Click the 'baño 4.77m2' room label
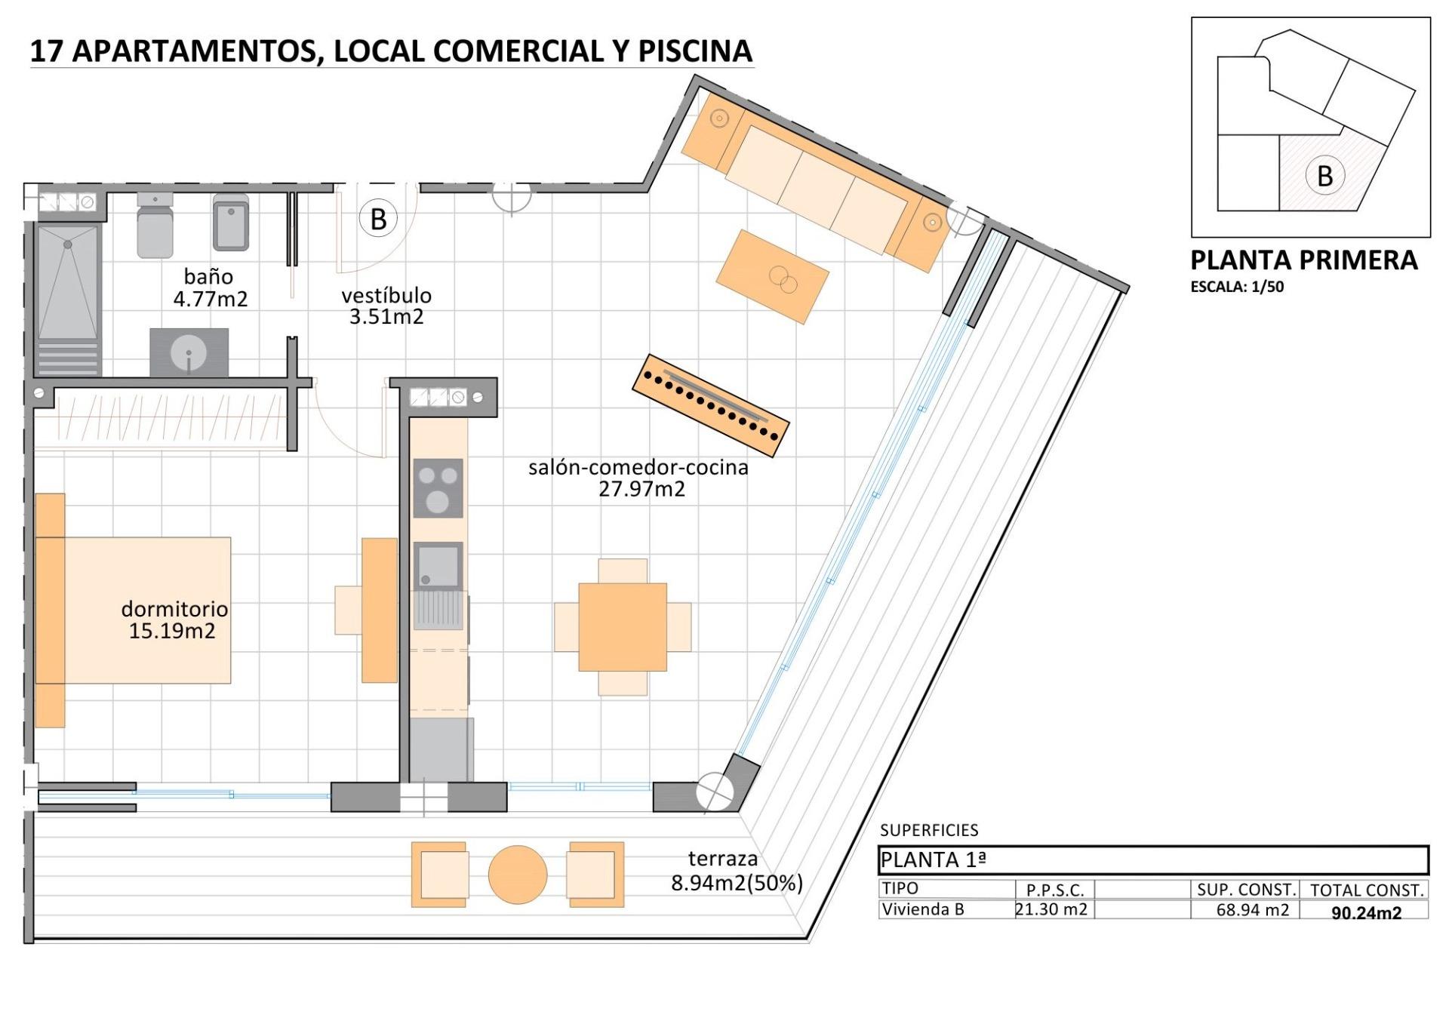pyautogui.click(x=210, y=288)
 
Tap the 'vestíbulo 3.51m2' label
pyautogui.click(x=386, y=306)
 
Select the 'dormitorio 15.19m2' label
pyautogui.click(x=174, y=620)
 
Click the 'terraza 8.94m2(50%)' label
pyautogui.click(x=736, y=870)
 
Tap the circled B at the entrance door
pyautogui.click(x=378, y=219)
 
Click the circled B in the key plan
pyautogui.click(x=1324, y=176)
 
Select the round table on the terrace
pyautogui.click(x=518, y=874)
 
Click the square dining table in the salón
pyautogui.click(x=623, y=626)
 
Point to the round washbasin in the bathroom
pyautogui.click(x=189, y=352)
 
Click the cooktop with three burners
pyautogui.click(x=438, y=488)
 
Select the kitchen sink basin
pyautogui.click(x=438, y=566)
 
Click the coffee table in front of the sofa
pyautogui.click(x=772, y=277)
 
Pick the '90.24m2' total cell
pyautogui.click(x=1366, y=912)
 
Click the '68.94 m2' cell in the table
pyautogui.click(x=1252, y=910)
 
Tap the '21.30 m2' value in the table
pyautogui.click(x=1052, y=909)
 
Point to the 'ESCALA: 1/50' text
pyautogui.click(x=1237, y=287)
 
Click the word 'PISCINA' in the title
pyautogui.click(x=695, y=51)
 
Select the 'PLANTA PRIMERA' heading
pyautogui.click(x=1303, y=260)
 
